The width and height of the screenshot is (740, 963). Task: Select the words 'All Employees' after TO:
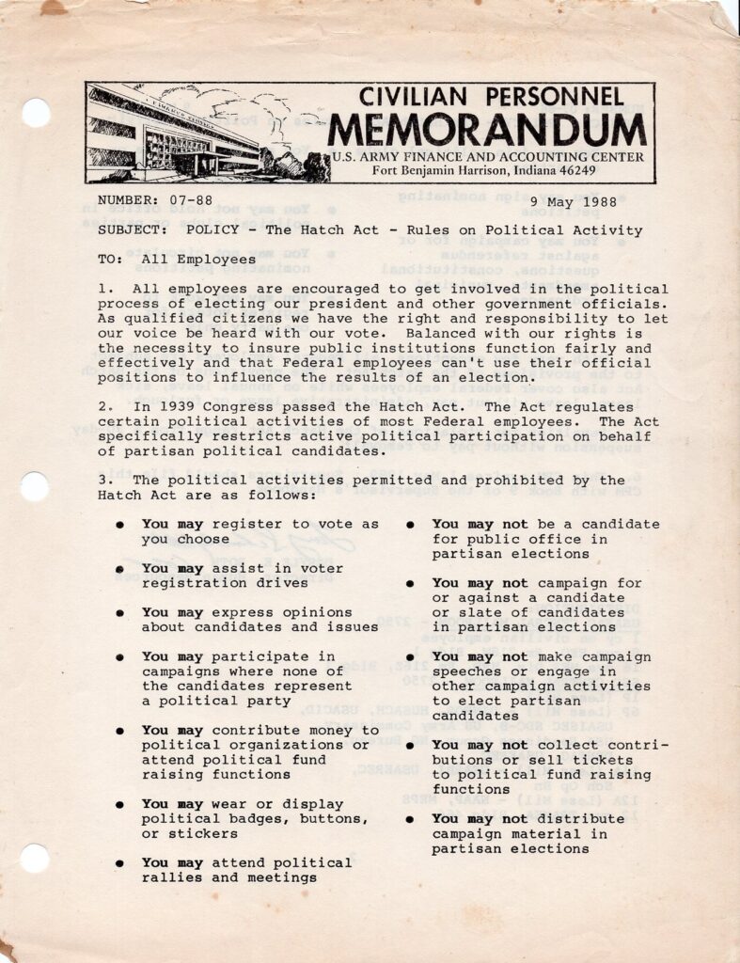tap(198, 259)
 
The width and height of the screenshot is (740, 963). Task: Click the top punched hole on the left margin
tap(36, 114)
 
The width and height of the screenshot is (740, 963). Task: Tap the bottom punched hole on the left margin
tap(35, 859)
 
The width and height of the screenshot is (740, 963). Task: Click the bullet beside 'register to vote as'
tap(120, 525)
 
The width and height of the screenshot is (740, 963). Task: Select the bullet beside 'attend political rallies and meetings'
tap(120, 863)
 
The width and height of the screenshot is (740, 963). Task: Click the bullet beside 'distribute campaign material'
tap(411, 819)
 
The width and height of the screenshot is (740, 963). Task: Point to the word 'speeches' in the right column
tap(465, 671)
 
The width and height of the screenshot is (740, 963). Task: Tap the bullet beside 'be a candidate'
tap(411, 525)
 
